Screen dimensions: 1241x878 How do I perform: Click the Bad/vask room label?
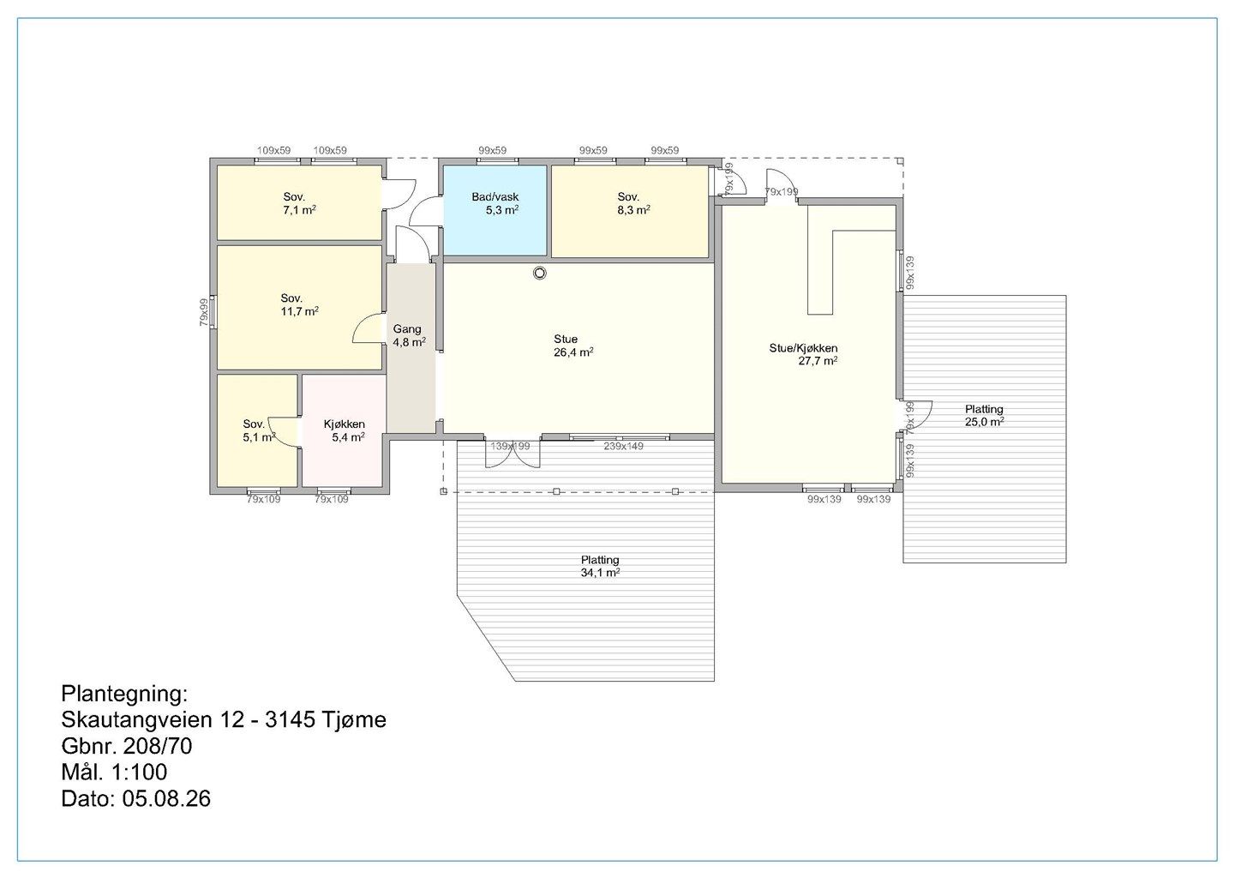click(495, 196)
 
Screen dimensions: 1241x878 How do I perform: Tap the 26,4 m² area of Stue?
click(573, 352)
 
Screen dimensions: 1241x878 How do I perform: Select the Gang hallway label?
click(407, 329)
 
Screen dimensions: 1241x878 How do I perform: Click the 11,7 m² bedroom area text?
click(300, 311)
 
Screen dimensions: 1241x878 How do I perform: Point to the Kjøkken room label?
click(344, 424)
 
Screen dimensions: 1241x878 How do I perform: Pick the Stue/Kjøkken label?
click(803, 348)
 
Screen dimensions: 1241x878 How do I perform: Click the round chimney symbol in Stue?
click(540, 273)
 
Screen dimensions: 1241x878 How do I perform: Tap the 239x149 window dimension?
click(623, 446)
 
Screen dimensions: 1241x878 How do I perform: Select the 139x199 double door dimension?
click(510, 446)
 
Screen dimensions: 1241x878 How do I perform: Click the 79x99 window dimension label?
click(204, 312)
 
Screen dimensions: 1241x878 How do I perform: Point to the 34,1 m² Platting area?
click(600, 573)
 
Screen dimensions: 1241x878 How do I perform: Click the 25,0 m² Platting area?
click(985, 421)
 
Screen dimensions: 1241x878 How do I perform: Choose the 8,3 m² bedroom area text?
click(634, 210)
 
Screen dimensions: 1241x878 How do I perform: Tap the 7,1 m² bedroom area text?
click(300, 210)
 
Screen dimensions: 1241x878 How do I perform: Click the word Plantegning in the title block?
click(124, 694)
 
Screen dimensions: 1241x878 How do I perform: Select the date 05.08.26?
click(167, 799)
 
